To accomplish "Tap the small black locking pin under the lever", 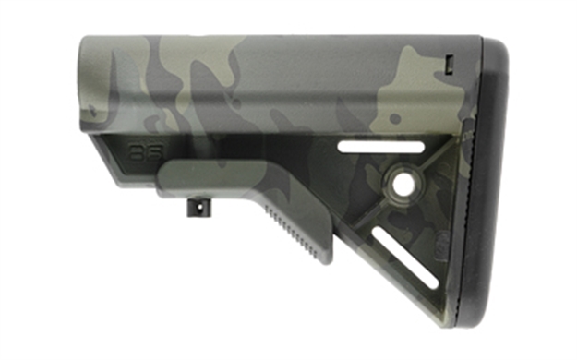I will pyautogui.click(x=197, y=208).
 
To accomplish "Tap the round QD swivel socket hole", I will pyautogui.click(x=403, y=182).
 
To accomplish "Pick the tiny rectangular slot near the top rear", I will pyautogui.click(x=449, y=65).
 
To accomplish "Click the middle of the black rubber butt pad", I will pyautogui.click(x=489, y=185).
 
